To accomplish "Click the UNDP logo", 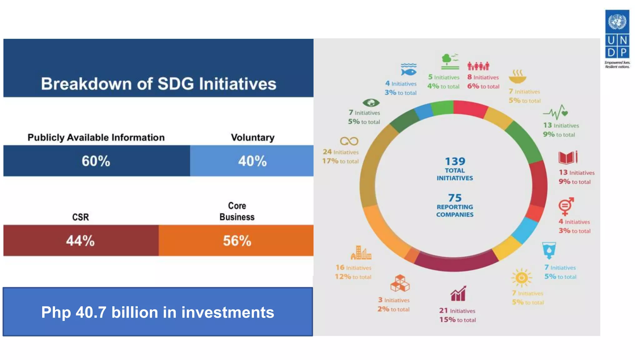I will click(x=617, y=38).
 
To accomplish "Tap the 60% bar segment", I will click(x=96, y=161).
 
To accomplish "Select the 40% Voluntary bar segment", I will click(x=252, y=161).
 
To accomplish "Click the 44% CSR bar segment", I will click(x=81, y=240).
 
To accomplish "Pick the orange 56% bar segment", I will click(x=236, y=240).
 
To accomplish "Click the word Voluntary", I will click(x=252, y=137).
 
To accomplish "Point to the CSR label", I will click(x=80, y=217).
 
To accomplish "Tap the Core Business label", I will click(x=237, y=211).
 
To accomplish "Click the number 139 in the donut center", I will click(x=455, y=161).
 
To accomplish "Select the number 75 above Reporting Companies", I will click(x=455, y=198).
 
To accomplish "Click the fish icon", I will click(x=408, y=70).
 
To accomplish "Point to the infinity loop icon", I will click(x=349, y=141).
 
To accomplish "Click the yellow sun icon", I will click(x=521, y=277).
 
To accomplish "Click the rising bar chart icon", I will click(x=458, y=293).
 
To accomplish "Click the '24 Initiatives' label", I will click(x=341, y=152).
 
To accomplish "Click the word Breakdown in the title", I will click(x=86, y=84).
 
